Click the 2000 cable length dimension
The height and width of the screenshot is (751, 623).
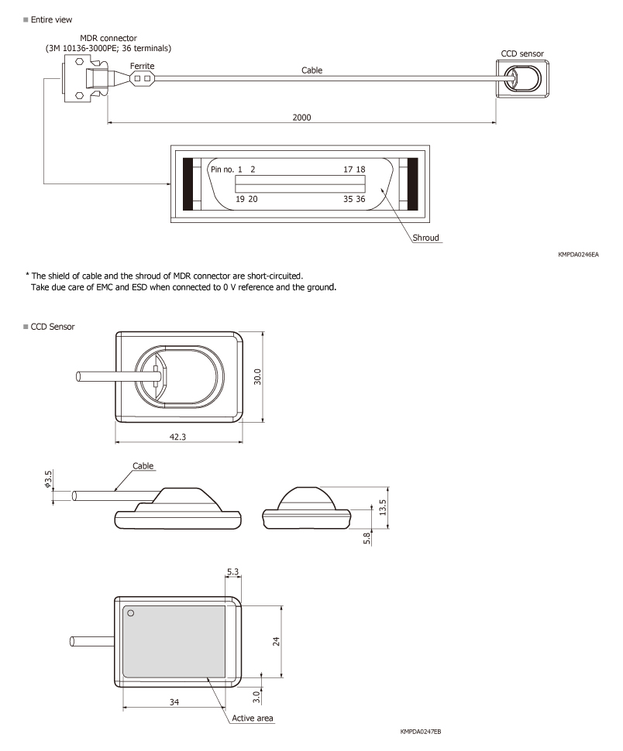coord(301,117)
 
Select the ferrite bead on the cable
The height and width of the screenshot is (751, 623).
coord(142,78)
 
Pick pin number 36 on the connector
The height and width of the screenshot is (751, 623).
coord(360,199)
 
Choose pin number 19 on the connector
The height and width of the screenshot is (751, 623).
coord(241,199)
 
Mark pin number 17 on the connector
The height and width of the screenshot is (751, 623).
coord(349,169)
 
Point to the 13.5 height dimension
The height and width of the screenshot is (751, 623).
coord(380,505)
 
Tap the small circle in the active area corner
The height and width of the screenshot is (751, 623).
coord(131,613)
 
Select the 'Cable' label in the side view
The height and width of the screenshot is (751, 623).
coord(142,466)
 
